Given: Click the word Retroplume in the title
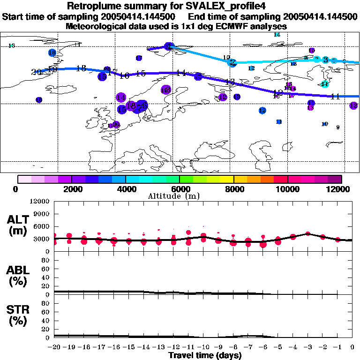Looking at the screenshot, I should click(97, 6).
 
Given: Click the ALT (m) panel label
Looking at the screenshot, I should click(18, 225).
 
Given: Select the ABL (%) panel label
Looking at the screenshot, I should click(18, 276).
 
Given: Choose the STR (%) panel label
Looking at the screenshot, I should click(18, 315).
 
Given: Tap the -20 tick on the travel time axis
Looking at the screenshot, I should click(55, 347).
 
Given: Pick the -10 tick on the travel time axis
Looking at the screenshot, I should click(203, 347).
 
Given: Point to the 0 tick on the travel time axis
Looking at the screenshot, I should click(352, 347).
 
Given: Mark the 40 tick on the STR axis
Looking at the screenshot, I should click(46, 321).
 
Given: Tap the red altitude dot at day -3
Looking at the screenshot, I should click(307, 233).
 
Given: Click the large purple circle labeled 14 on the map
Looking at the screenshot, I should click(121, 97).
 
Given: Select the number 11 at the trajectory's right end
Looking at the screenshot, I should click(335, 97).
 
